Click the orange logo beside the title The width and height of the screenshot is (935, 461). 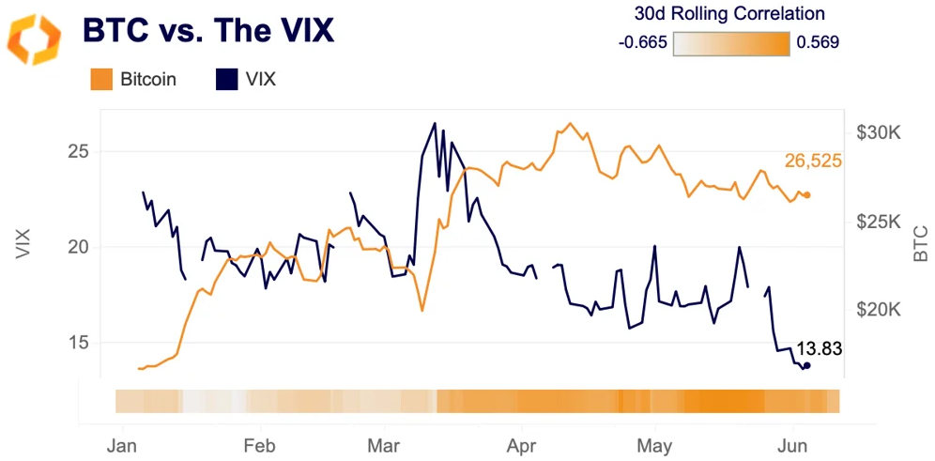click(34, 38)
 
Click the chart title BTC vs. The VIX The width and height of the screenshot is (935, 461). click(207, 30)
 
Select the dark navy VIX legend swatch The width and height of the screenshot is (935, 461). click(226, 80)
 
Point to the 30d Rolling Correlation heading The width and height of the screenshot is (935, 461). click(729, 14)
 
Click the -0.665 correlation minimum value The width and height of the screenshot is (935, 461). click(644, 42)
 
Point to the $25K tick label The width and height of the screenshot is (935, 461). click(880, 222)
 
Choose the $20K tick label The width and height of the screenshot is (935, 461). click(880, 310)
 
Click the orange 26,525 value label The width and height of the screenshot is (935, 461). click(813, 161)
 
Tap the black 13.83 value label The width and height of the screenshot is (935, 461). click(819, 348)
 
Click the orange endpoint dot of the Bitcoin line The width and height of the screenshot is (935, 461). click(807, 195)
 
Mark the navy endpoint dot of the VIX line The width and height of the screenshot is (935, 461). click(806, 366)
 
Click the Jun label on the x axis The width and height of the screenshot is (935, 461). click(794, 440)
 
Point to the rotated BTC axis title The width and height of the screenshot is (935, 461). click(919, 243)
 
